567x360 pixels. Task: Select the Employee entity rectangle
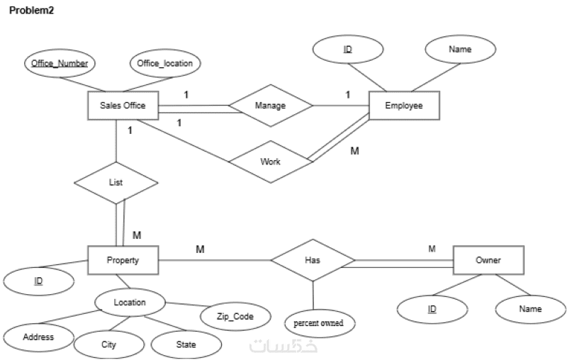tap(403, 106)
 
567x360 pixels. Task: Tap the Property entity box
tap(123, 260)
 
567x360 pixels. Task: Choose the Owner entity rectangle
tap(488, 260)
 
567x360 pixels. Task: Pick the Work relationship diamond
tap(271, 162)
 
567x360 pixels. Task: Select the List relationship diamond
tap(116, 183)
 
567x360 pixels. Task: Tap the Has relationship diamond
tap(313, 260)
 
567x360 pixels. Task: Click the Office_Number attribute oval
tap(60, 63)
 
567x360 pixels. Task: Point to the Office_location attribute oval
tap(164, 63)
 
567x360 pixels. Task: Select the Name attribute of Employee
tap(460, 50)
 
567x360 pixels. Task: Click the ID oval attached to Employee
tap(348, 50)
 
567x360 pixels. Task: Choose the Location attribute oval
tap(130, 303)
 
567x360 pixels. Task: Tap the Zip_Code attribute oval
tap(235, 317)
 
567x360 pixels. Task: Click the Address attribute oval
tap(38, 337)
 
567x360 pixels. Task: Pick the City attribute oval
tap(108, 344)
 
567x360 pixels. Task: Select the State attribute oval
tap(186, 344)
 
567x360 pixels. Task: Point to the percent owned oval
tap(320, 323)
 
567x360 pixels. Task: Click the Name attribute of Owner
tap(530, 309)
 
